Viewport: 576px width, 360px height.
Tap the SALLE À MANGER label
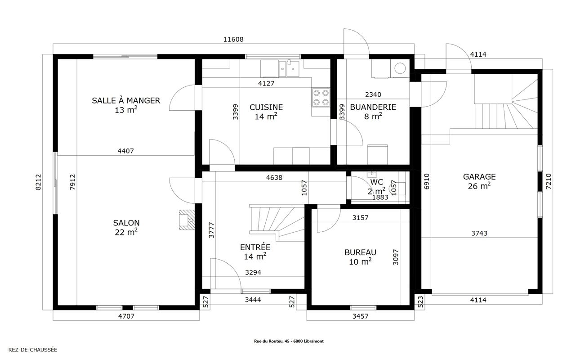[126, 101]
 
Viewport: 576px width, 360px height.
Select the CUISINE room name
[266, 107]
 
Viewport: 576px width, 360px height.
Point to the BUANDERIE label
[373, 107]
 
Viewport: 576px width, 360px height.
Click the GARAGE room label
[479, 177]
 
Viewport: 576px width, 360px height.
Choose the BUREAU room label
[360, 252]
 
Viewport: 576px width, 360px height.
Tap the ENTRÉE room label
[255, 247]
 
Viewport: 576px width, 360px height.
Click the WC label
[377, 182]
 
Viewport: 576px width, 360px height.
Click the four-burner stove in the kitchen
[321, 97]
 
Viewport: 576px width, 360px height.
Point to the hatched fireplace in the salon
[187, 220]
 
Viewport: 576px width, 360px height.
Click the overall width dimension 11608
[233, 39]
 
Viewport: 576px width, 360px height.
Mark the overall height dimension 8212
[38, 182]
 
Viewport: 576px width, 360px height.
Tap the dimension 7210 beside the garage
[549, 182]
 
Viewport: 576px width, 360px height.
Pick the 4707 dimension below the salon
[126, 316]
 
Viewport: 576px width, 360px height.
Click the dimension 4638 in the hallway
[274, 178]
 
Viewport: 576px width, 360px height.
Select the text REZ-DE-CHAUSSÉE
[33, 350]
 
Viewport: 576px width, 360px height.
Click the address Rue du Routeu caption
[289, 341]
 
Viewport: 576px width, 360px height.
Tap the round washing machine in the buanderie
[400, 68]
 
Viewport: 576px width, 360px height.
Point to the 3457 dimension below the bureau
[360, 316]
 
